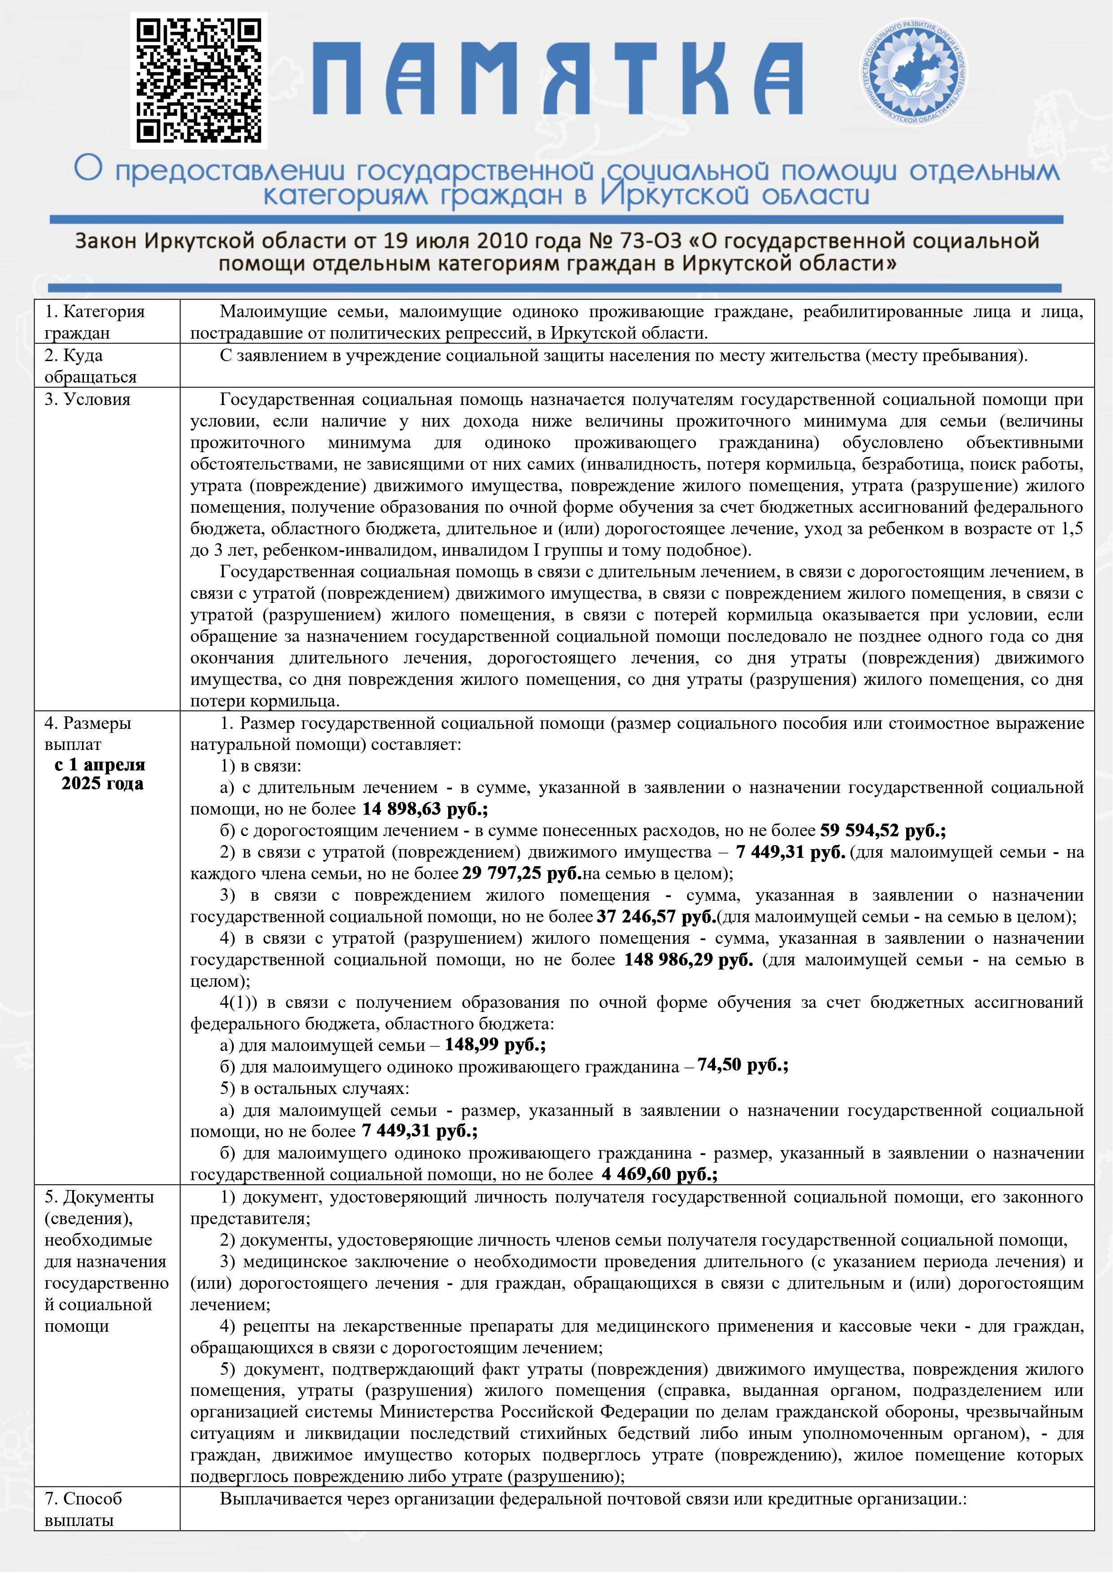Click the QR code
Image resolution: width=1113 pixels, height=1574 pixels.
[x=199, y=80]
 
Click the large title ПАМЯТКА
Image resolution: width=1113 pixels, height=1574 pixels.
[x=557, y=79]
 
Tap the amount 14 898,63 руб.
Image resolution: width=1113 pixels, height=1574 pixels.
[x=424, y=809]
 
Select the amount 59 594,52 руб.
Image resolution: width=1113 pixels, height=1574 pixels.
[x=882, y=830]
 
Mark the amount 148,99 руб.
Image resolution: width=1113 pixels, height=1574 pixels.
[x=494, y=1045]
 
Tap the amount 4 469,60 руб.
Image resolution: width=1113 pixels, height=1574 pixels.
[x=659, y=1174]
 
